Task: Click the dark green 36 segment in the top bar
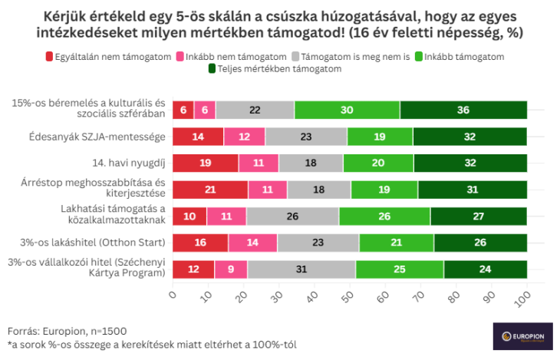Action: tap(463, 110)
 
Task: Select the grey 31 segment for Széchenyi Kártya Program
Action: tap(301, 269)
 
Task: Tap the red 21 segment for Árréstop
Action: tap(209, 190)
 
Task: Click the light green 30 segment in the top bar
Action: tap(347, 110)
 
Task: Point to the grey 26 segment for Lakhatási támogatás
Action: tap(292, 216)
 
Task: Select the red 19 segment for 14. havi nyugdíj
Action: tap(205, 163)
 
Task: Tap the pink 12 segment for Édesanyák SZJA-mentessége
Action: tap(244, 137)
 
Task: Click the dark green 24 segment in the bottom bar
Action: tap(485, 269)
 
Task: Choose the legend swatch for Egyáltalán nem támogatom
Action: tap(50, 56)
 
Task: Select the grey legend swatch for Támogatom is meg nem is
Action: tap(296, 56)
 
